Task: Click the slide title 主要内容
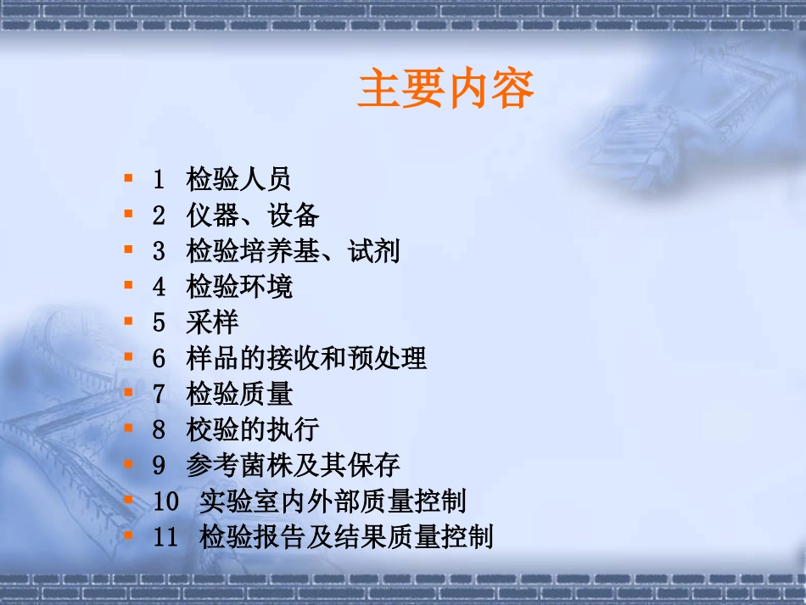coord(445,90)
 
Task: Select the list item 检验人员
coord(239,179)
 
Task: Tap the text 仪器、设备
coord(253,215)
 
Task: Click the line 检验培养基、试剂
coord(293,251)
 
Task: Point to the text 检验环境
coord(239,287)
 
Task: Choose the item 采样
coord(213,322)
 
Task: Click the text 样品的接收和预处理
coord(306,358)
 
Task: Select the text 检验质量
coord(239,394)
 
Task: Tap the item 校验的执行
coord(253,429)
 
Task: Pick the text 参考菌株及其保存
coord(293,465)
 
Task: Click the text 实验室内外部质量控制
coord(333,501)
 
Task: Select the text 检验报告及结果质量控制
coord(346,537)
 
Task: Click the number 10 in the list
coord(166,501)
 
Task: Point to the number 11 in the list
coord(166,537)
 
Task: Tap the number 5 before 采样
coord(159,322)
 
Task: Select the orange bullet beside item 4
coord(128,285)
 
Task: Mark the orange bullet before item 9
coord(128,463)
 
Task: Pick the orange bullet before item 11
coord(128,535)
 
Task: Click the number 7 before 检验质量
coord(159,394)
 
